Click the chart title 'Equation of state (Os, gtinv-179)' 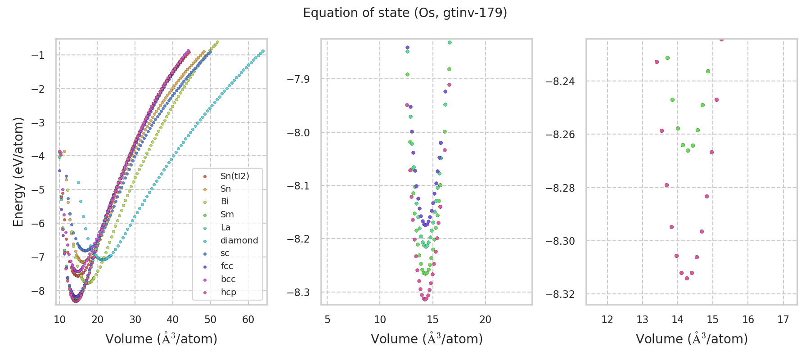405,13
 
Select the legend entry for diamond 239,240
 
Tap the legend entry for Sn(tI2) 234,176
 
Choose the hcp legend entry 228,292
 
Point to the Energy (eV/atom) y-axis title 18,172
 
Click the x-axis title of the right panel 692,339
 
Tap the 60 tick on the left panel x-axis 248,319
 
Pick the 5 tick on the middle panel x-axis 327,319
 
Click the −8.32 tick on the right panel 560,294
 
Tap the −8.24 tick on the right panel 560,81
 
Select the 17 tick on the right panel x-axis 783,319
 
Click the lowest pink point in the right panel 687,278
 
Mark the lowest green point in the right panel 688,150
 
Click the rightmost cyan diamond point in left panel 263,51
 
